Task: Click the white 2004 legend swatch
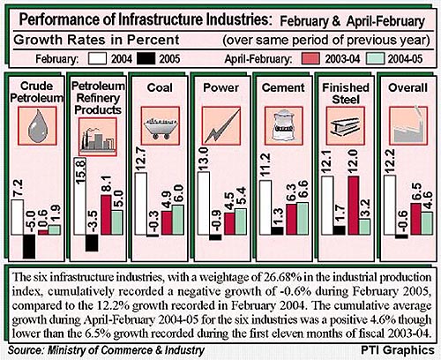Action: click(97, 58)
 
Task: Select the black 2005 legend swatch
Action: click(146, 58)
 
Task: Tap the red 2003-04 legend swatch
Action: click(310, 58)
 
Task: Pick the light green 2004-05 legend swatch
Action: click(376, 58)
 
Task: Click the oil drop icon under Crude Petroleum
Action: click(37, 126)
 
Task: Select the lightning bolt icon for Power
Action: click(221, 126)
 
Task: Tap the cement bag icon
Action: click(283, 126)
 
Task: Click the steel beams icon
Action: click(346, 126)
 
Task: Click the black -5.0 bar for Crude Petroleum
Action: click(29, 246)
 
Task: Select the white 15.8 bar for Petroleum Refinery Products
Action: click(80, 196)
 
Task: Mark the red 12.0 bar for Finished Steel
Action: click(354, 206)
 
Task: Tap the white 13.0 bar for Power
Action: click(204, 203)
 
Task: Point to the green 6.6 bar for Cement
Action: click(303, 219)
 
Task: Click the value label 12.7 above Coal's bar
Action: click(141, 159)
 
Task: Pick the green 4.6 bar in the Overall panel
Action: click(427, 223)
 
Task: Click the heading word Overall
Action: click(407, 87)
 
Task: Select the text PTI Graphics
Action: click(398, 350)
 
